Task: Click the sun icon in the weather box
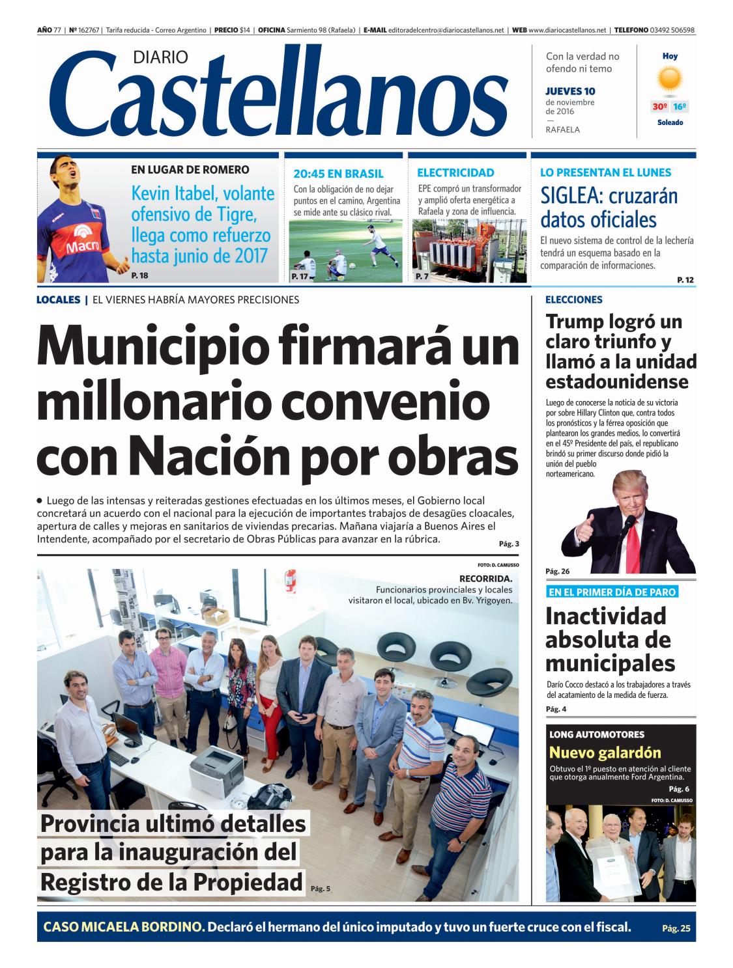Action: pos(669,79)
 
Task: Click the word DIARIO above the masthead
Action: pos(160,57)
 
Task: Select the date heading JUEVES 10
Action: pos(570,91)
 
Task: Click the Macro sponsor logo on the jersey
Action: pos(82,241)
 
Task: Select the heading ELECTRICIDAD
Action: pos(455,173)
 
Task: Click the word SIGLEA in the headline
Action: pos(571,196)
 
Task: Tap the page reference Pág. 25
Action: pos(675,928)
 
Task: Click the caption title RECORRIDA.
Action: pos(485,578)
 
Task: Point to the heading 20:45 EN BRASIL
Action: pos(338,174)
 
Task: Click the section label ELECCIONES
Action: pos(573,300)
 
